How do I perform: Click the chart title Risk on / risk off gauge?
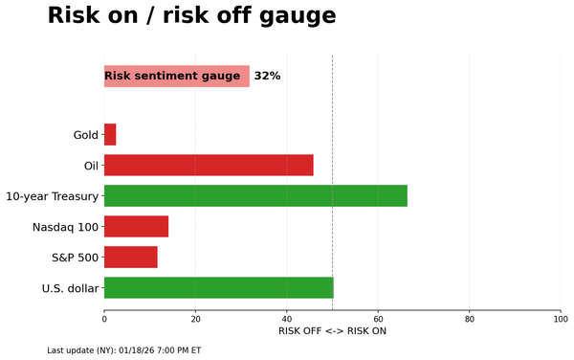pos(191,16)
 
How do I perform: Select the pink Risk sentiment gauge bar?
pos(176,77)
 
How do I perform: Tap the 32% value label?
pos(267,77)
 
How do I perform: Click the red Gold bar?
pos(110,135)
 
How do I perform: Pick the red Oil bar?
pos(209,165)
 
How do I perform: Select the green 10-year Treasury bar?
pos(255,195)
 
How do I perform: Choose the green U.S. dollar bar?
pos(218,288)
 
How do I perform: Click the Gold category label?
pos(85,135)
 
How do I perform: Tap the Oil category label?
pos(91,166)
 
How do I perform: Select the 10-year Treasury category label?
pos(52,196)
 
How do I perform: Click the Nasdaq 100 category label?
pos(65,227)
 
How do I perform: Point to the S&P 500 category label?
pos(74,258)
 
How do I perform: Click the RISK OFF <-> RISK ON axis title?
pos(332,331)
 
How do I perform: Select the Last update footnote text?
pos(123,350)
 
